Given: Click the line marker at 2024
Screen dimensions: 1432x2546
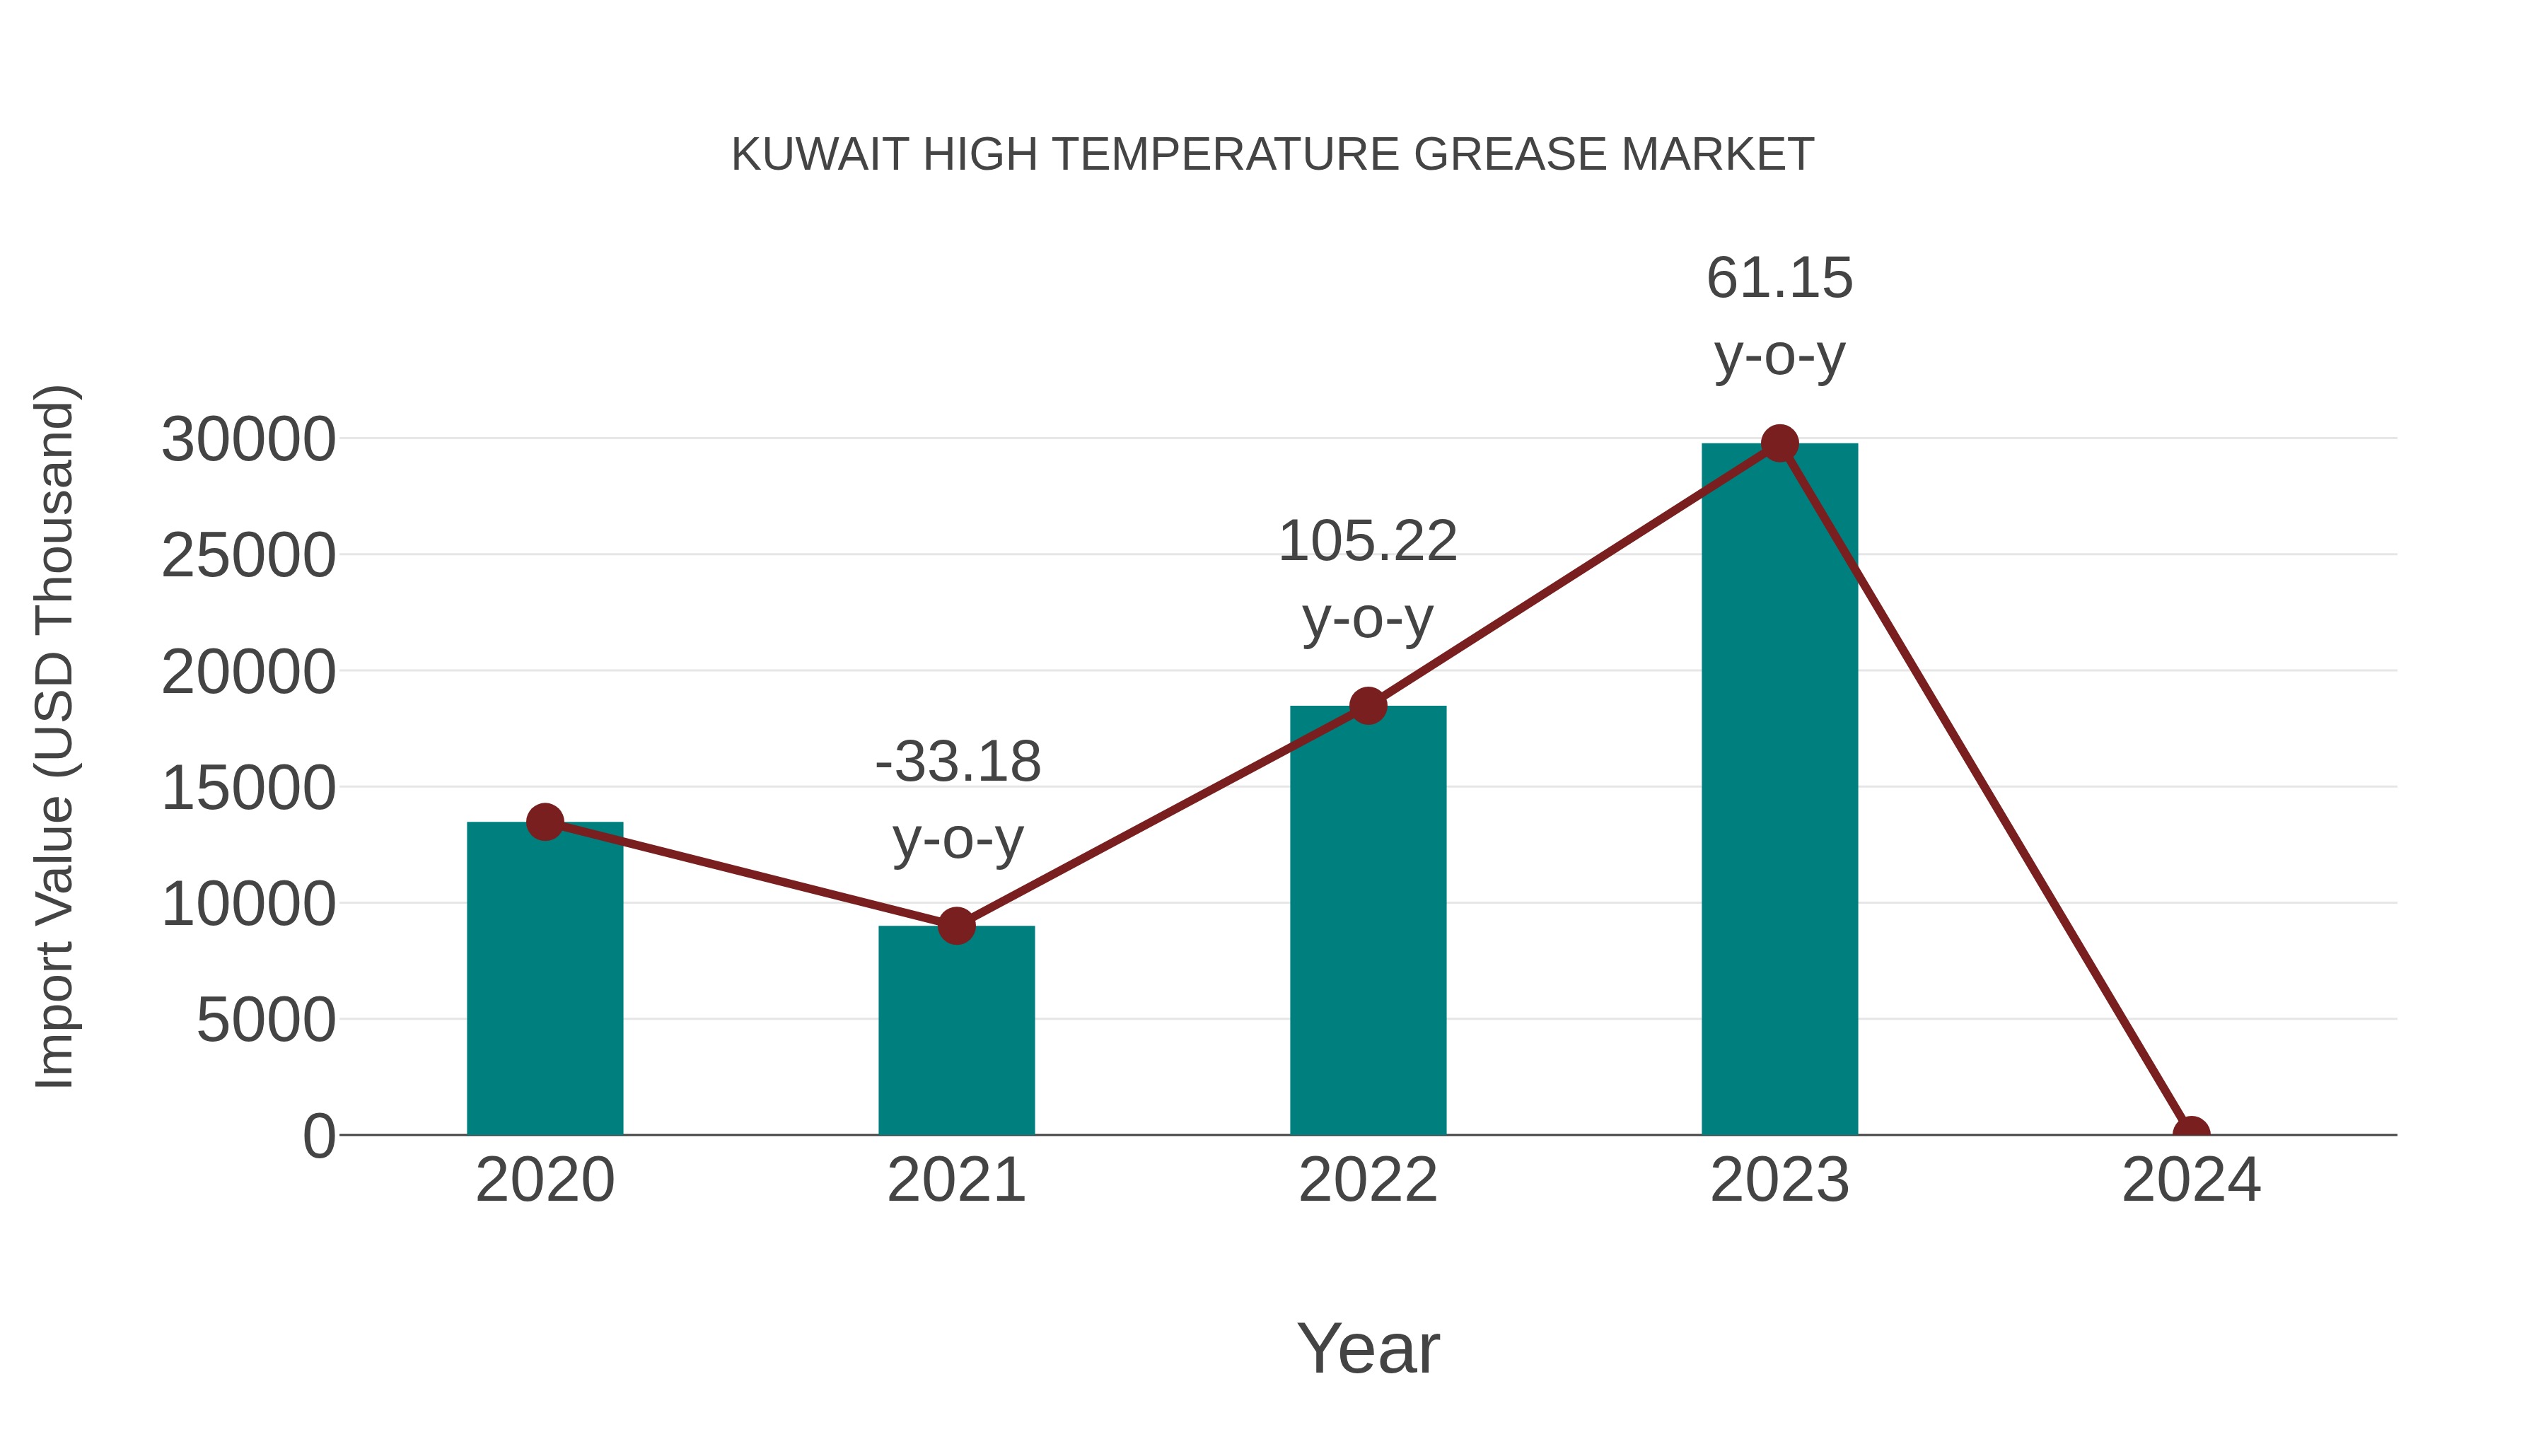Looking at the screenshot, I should [x=2190, y=1133].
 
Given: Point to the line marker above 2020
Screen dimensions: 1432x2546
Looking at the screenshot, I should [x=545, y=821].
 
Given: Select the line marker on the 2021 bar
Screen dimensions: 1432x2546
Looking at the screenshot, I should [x=955, y=926].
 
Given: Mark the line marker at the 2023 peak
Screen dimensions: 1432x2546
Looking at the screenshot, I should [x=1779, y=443].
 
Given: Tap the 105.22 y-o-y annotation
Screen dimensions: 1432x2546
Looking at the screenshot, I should [x=1367, y=579].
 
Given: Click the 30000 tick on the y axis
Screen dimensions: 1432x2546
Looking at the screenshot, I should [x=248, y=440].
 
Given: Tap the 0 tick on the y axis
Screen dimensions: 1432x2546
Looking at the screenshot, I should [x=318, y=1136].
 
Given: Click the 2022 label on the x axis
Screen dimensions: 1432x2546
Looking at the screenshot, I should [x=1367, y=1180].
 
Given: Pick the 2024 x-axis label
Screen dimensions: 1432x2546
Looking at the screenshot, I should [x=2190, y=1180].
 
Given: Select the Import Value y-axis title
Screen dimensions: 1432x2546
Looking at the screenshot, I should [x=54, y=736].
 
